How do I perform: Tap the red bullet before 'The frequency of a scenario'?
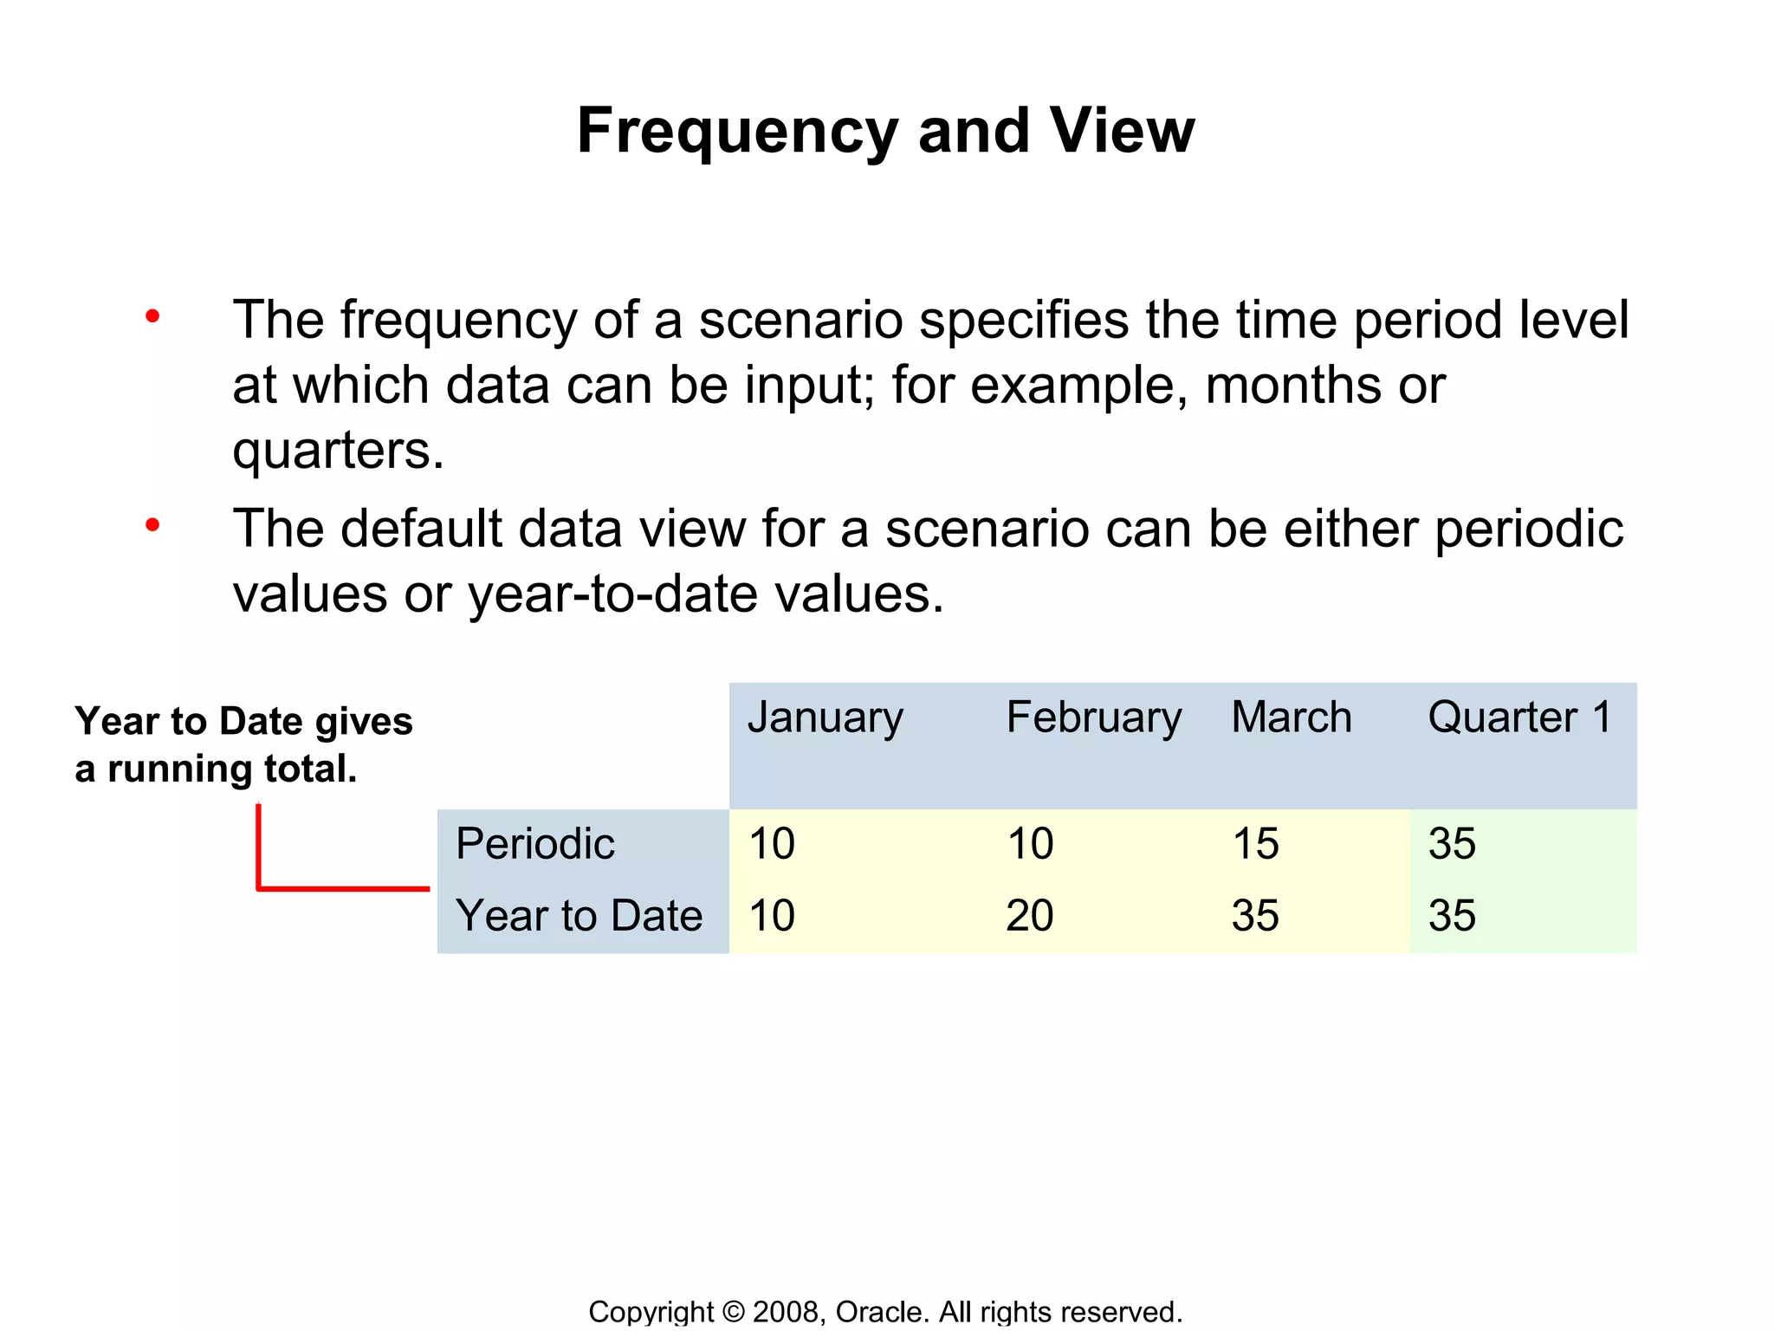pyautogui.click(x=152, y=316)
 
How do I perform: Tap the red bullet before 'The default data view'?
pyautogui.click(x=152, y=525)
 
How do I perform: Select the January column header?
pyautogui.click(x=825, y=718)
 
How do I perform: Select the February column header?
pyautogui.click(x=1093, y=718)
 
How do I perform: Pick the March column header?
pyautogui.click(x=1291, y=717)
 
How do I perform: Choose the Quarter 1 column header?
pyautogui.click(x=1519, y=717)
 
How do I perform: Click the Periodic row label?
pyautogui.click(x=534, y=844)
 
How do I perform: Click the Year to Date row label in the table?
pyautogui.click(x=579, y=916)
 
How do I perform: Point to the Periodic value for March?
pyautogui.click(x=1255, y=844)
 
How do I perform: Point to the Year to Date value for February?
pyautogui.click(x=1029, y=916)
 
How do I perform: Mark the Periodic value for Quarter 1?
pyautogui.click(x=1452, y=844)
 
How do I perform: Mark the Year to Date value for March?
pyautogui.click(x=1255, y=916)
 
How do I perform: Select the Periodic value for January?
pyautogui.click(x=772, y=844)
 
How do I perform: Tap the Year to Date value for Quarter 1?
pyautogui.click(x=1452, y=916)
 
